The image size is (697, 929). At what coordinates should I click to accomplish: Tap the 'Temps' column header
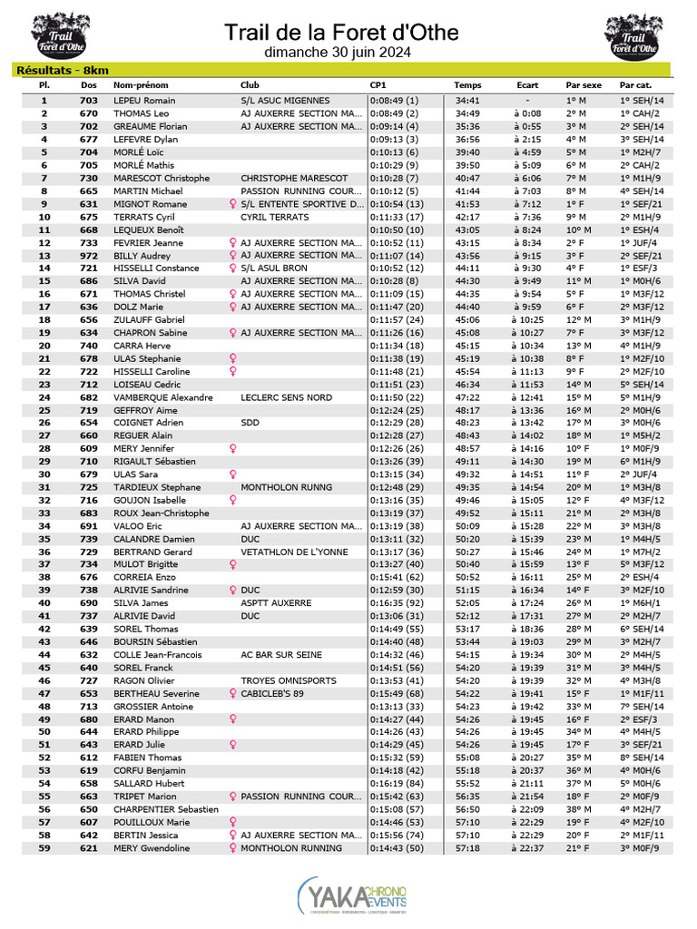(x=468, y=85)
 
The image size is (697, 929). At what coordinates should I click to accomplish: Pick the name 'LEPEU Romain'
(x=144, y=101)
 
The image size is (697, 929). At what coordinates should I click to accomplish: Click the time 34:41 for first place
(x=467, y=101)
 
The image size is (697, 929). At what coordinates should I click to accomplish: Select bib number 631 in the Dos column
(x=89, y=204)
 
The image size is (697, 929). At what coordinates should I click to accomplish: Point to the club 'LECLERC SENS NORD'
(x=287, y=397)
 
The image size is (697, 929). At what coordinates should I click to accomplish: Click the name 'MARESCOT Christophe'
(x=162, y=178)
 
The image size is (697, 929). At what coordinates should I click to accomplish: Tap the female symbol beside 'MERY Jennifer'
(x=233, y=448)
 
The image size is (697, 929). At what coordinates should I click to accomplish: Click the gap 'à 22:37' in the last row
(x=526, y=848)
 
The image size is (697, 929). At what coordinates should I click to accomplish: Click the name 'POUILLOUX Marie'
(x=152, y=822)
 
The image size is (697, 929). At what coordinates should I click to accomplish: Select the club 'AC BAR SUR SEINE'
(x=283, y=655)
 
